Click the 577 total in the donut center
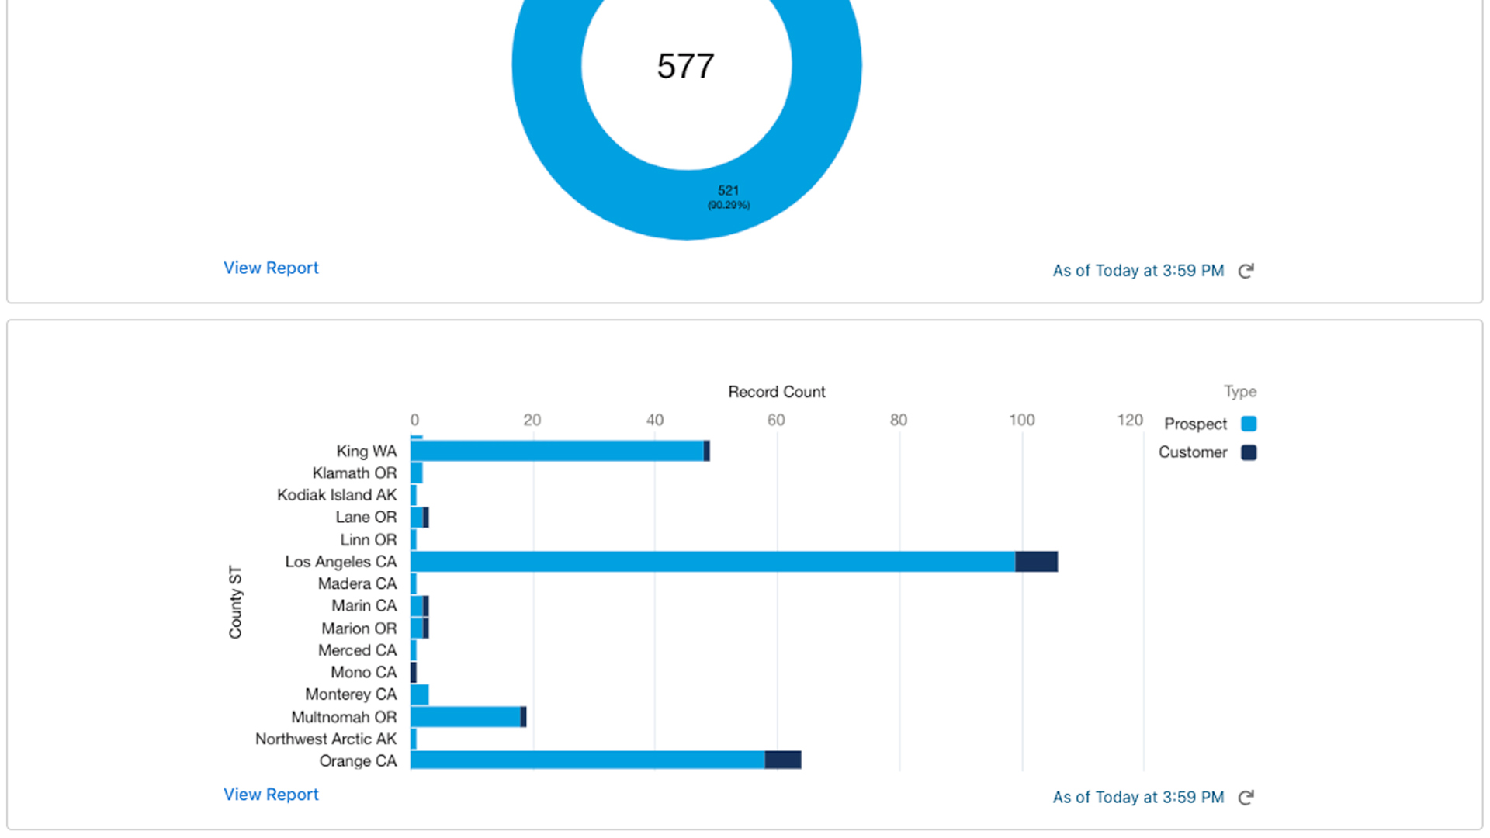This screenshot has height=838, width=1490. coord(685,66)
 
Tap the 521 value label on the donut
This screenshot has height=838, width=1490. coord(728,191)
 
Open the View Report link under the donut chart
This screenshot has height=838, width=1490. coord(271,268)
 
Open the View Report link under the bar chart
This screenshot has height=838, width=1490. coord(271,795)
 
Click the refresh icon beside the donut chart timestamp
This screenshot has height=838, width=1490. coord(1246,271)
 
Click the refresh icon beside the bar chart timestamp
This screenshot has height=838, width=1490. coord(1246,798)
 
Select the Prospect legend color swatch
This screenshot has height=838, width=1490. coord(1249,424)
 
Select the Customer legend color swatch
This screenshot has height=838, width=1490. coord(1249,452)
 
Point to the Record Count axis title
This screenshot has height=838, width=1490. coord(776,392)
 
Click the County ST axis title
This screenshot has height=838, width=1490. coord(235,602)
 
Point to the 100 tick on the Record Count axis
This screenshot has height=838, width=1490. coord(1021,420)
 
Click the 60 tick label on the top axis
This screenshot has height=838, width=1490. coord(775,420)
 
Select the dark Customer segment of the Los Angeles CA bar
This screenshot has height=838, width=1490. coord(1036,562)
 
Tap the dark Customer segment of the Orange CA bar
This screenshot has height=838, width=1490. coord(782,760)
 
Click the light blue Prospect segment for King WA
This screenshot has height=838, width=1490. coord(557,451)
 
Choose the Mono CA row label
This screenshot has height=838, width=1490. coord(363,672)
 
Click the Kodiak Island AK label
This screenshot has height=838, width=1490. coord(337,495)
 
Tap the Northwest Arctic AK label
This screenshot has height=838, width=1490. coord(326,739)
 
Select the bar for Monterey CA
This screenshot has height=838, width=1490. coord(420,694)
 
